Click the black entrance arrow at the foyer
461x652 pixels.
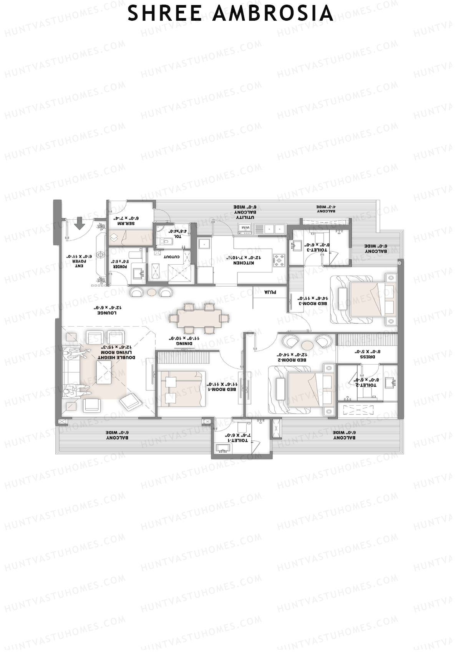[x=80, y=223]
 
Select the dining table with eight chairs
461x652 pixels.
[x=198, y=318]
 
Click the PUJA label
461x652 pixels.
[x=270, y=292]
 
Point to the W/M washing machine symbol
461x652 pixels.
[x=245, y=229]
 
